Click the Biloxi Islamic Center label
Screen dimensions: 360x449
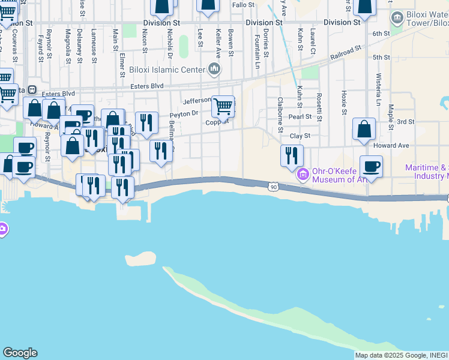click(167, 70)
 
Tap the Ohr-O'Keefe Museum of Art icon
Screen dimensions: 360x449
click(303, 175)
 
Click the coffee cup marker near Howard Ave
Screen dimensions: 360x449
click(371, 167)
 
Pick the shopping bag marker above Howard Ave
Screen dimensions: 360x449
click(364, 130)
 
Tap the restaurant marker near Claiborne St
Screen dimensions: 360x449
click(291, 156)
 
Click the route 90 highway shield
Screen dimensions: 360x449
click(273, 188)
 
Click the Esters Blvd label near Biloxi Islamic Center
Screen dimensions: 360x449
click(147, 86)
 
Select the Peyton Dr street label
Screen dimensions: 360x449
click(184, 113)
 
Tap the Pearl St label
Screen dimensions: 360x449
click(300, 116)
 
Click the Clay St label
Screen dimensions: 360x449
click(300, 136)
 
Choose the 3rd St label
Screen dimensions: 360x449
click(406, 122)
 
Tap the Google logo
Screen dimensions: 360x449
click(20, 353)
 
